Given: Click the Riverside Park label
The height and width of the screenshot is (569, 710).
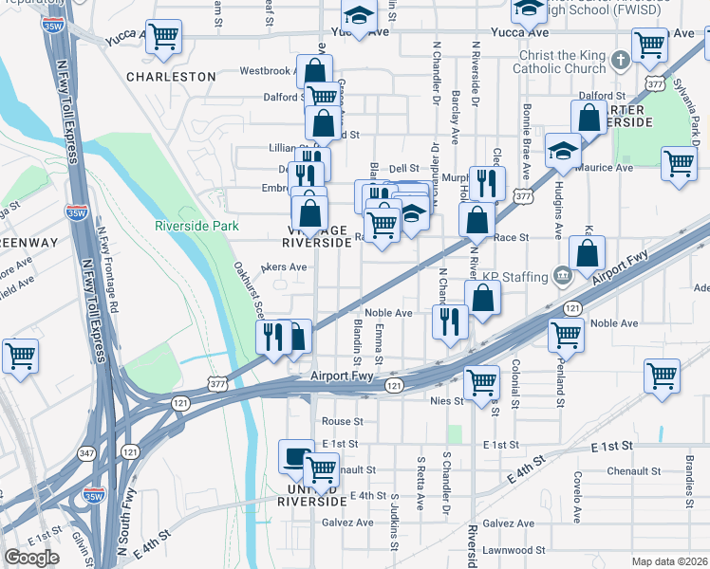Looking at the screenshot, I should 197,226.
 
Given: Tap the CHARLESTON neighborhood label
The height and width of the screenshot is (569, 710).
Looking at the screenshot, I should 171,76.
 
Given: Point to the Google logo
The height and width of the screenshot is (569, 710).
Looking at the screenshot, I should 31,558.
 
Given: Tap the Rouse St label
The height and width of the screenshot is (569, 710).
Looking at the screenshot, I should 343,421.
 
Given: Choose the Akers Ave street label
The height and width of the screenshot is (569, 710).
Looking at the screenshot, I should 284,267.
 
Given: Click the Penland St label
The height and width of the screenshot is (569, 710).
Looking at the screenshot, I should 561,390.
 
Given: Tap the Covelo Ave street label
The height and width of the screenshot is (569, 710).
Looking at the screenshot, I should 576,499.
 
